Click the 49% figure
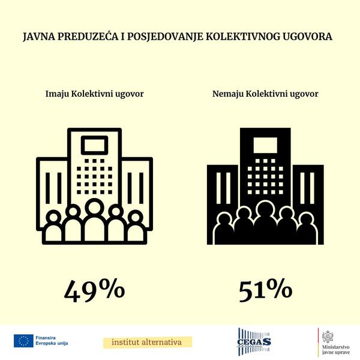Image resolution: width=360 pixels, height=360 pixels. pyautogui.click(x=94, y=290)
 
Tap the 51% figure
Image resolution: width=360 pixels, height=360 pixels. pyautogui.click(x=265, y=290)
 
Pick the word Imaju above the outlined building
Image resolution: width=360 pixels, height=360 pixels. pyautogui.click(x=58, y=94)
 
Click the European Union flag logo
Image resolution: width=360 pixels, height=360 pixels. pyautogui.click(x=23, y=341)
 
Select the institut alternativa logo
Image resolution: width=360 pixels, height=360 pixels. pyautogui.click(x=148, y=342)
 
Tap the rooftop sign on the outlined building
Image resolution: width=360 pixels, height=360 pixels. pyautogui.click(x=94, y=145)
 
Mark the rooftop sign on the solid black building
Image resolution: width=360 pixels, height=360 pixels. pyautogui.click(x=265, y=145)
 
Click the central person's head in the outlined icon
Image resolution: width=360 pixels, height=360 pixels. pyautogui.click(x=94, y=208)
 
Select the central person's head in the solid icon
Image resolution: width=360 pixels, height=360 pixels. pyautogui.click(x=264, y=208)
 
